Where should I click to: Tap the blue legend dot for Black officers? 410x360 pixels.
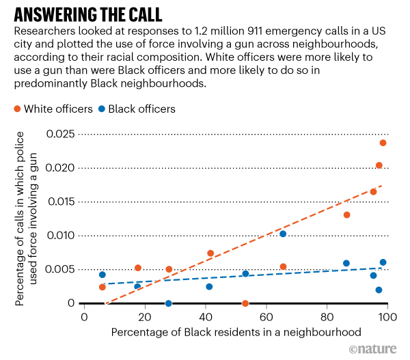click(x=101, y=109)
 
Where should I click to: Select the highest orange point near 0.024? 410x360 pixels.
click(x=383, y=143)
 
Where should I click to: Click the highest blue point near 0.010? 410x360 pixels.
click(x=283, y=234)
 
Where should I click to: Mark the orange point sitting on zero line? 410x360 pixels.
click(x=245, y=303)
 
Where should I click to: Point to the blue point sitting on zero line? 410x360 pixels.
click(x=169, y=303)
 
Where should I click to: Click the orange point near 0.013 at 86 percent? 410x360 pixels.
click(x=347, y=215)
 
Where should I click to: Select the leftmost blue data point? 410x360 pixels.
click(x=102, y=275)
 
